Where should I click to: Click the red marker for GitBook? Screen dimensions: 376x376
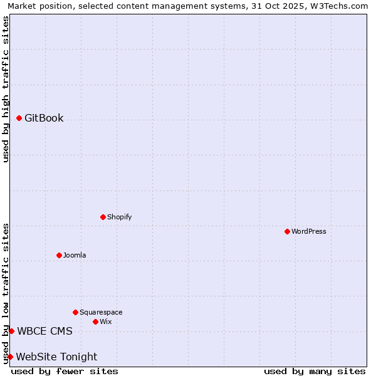click(x=19, y=118)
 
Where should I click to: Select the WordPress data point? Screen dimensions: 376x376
click(x=288, y=231)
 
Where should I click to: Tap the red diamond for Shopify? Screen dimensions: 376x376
click(x=103, y=217)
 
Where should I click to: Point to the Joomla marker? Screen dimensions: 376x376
click(x=60, y=255)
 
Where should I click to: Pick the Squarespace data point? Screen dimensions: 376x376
click(x=76, y=312)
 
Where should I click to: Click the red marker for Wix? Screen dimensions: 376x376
click(x=96, y=321)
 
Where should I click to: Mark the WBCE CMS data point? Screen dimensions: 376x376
click(x=11, y=331)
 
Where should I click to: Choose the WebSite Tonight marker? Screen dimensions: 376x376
click(x=10, y=357)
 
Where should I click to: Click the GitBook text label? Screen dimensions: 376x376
click(x=44, y=118)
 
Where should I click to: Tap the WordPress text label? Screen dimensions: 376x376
click(x=309, y=231)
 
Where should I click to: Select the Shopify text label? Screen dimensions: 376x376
click(x=119, y=217)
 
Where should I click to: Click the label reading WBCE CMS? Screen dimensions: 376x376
click(x=44, y=331)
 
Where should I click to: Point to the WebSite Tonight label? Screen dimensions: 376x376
click(x=56, y=357)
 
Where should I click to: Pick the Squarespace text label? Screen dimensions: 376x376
click(x=101, y=312)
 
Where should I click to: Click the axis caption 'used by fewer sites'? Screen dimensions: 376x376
click(x=65, y=371)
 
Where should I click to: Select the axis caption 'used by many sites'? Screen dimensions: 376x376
click(x=315, y=371)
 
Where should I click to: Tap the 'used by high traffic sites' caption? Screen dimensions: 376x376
click(x=6, y=89)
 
